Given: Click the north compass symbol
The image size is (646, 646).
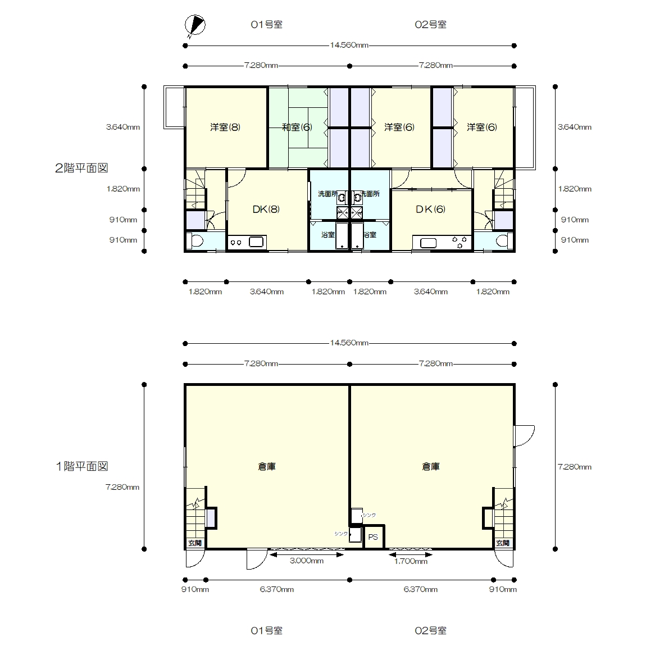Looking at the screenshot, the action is tap(195, 25).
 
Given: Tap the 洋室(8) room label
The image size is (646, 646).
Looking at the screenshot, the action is tap(225, 128).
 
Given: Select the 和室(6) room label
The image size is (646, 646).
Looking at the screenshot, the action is tap(297, 128).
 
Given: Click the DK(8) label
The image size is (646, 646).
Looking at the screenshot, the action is tap(266, 210).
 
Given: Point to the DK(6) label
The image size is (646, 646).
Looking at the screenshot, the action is tap(430, 210).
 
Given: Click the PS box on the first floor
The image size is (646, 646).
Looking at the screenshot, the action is tap(373, 537).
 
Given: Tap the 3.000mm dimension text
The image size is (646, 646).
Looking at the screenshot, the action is tap(307, 561).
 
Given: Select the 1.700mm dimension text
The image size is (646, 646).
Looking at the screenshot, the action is tap(411, 561).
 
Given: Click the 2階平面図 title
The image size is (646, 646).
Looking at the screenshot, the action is tap(81, 168).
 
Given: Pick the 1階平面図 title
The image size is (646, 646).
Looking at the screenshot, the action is tap(81, 466).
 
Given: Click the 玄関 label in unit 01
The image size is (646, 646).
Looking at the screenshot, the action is tap(195, 543).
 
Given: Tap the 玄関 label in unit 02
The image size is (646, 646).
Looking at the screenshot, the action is tap(503, 543).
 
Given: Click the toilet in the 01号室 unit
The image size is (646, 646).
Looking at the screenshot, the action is tap(195, 240).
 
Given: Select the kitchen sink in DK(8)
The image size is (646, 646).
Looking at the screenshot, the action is tap(256, 242).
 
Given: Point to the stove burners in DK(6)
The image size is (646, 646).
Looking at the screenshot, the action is tap(460, 242).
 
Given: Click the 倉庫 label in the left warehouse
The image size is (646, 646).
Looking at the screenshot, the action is tap(267, 467).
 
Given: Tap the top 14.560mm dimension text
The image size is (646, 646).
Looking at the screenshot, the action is tap(349, 46).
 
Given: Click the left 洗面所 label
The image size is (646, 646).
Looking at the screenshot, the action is tap(327, 194).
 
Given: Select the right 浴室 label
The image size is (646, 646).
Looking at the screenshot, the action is tap(370, 235).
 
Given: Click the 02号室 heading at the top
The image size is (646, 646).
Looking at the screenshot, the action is tap(430, 25).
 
